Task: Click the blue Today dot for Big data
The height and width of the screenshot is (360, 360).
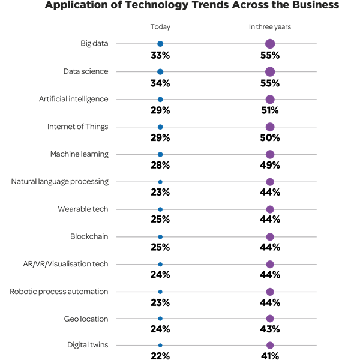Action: click(x=160, y=44)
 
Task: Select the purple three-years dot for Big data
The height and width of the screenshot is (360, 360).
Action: click(x=270, y=44)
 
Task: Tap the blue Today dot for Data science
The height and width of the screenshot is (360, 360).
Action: click(x=160, y=72)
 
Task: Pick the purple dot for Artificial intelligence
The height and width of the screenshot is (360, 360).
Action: click(x=270, y=100)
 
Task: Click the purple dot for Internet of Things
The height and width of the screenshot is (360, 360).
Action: click(x=270, y=127)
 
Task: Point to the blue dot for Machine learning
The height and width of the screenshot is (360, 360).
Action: click(x=160, y=155)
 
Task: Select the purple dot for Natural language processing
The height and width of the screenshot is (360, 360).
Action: click(x=270, y=182)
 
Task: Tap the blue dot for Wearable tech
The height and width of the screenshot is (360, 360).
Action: click(x=160, y=209)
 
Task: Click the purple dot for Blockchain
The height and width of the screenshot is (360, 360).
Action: click(x=270, y=237)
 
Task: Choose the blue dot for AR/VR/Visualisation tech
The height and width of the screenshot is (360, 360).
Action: click(x=160, y=265)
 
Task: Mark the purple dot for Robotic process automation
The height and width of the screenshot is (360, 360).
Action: click(x=270, y=292)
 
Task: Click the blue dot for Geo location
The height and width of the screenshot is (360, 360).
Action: click(x=160, y=319)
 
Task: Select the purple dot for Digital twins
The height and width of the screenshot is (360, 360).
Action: click(x=270, y=345)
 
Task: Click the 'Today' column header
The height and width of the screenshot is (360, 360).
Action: click(x=160, y=27)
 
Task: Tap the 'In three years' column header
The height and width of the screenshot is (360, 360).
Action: click(x=270, y=27)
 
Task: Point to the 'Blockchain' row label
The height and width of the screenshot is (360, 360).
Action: click(x=89, y=236)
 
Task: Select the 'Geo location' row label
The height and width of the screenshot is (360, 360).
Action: click(x=86, y=319)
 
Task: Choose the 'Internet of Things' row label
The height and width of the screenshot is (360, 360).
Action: click(x=78, y=127)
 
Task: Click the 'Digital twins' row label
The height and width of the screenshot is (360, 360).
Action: click(x=88, y=345)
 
